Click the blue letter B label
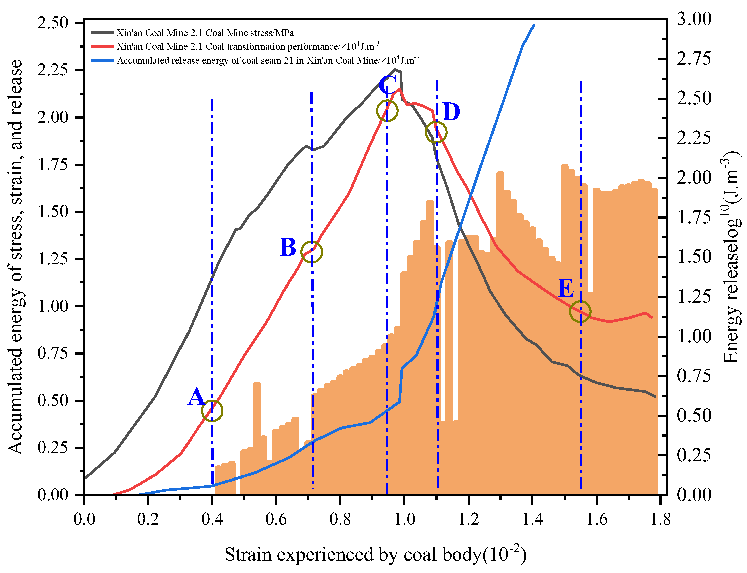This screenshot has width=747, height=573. tap(288, 247)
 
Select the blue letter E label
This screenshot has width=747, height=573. tap(566, 288)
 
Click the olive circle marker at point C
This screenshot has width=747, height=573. tap(387, 111)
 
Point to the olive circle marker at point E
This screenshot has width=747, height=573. tap(580, 312)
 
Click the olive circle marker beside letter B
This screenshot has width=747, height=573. tap(312, 252)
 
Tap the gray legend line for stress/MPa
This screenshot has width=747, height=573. tap(102, 33)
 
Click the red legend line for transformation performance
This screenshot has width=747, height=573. tap(102, 46)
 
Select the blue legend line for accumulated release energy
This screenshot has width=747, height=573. tap(102, 61)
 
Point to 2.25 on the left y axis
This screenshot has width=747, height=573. tap(53, 70)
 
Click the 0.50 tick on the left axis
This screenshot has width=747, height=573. tap(53, 400)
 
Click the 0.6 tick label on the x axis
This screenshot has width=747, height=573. tap(276, 519)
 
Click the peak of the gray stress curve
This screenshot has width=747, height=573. tap(395, 69)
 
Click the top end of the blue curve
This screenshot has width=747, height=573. tap(534, 25)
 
